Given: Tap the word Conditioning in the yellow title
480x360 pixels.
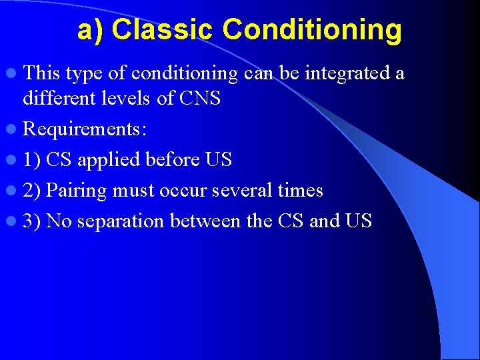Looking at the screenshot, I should pos(312,31).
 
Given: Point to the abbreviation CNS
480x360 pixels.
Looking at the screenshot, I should pos(200,98).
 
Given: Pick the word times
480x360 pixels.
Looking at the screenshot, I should pos(300,190).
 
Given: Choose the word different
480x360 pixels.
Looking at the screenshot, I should pos(60,98).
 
